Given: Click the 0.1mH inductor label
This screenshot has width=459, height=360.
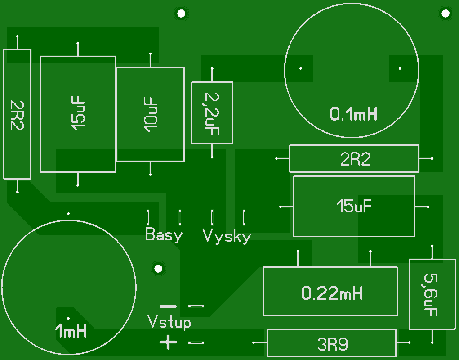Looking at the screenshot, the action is pos(354,114).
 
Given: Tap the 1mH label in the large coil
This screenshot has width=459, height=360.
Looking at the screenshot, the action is pos(71,331).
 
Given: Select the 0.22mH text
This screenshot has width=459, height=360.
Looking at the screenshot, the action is pos(332,293).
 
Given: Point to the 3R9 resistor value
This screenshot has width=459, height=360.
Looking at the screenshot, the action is pos(333,345).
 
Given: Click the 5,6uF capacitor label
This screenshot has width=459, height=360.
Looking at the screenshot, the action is pos(431,295).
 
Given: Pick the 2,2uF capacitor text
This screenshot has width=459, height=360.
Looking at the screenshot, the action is pos(212,114).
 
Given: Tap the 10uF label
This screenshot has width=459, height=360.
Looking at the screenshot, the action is pos(151,115).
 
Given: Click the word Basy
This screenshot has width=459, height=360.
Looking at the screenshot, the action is pos(164,234).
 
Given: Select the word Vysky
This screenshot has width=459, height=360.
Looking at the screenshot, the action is pos(227,236).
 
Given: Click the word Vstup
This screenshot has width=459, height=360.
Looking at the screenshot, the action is pos(169,322).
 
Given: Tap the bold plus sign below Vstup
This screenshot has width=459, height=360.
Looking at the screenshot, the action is pos(168,342).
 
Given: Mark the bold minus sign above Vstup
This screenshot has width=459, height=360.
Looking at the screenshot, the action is pos(168,306).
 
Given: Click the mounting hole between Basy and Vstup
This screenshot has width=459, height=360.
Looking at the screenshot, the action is pos(158,268).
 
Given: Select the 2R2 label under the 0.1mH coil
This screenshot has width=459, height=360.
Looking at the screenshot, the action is pos(355,159).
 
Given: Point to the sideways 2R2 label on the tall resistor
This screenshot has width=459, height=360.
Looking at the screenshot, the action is pos(17,115).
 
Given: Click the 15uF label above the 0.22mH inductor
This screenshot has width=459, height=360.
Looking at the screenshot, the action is pos(354,206).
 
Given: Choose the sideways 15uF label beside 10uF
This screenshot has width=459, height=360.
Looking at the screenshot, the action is pos(78,113).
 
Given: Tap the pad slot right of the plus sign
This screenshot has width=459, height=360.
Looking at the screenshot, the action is pos(196,342).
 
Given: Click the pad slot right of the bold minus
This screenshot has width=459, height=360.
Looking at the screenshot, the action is pos(196,306).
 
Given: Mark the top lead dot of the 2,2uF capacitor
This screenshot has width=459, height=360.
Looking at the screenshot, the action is pos(212,69).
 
